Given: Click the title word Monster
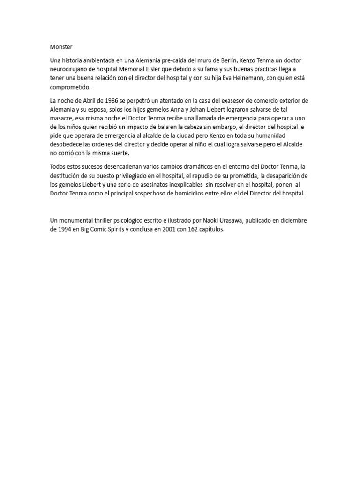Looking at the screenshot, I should [61, 47].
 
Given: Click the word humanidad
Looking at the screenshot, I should [285, 135].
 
